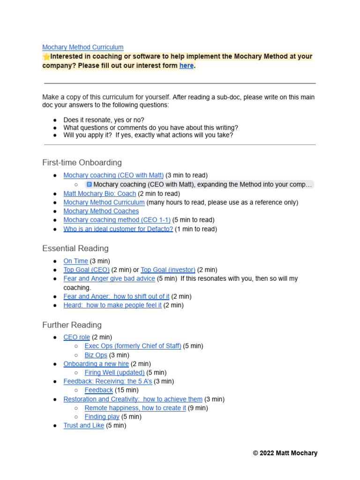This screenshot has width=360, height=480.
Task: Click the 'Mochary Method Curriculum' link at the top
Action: (83, 47)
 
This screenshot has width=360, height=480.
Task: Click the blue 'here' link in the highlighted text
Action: (186, 66)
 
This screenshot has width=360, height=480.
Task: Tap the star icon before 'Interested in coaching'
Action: (46, 57)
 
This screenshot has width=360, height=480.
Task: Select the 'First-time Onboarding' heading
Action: (82, 163)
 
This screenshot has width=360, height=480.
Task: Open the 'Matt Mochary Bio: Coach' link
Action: (100, 194)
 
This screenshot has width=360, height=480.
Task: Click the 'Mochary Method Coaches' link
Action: (101, 211)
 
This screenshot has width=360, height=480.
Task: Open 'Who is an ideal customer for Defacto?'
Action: (118, 229)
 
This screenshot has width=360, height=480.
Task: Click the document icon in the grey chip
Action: (89, 185)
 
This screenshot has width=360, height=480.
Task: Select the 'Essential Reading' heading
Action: (75, 248)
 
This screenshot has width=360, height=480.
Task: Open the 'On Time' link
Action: (76, 261)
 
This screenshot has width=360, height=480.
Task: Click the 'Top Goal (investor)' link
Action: (168, 270)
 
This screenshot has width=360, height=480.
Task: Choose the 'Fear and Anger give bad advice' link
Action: (109, 279)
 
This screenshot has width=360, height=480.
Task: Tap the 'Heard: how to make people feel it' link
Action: (112, 305)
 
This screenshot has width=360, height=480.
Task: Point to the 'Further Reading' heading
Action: (72, 325)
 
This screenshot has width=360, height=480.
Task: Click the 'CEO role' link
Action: (77, 337)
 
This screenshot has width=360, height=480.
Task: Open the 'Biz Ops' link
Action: (96, 355)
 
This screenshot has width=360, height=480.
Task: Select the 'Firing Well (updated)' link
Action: (115, 373)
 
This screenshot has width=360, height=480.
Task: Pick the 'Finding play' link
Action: (102, 417)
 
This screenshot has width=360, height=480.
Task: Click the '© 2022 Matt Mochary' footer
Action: (285, 453)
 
